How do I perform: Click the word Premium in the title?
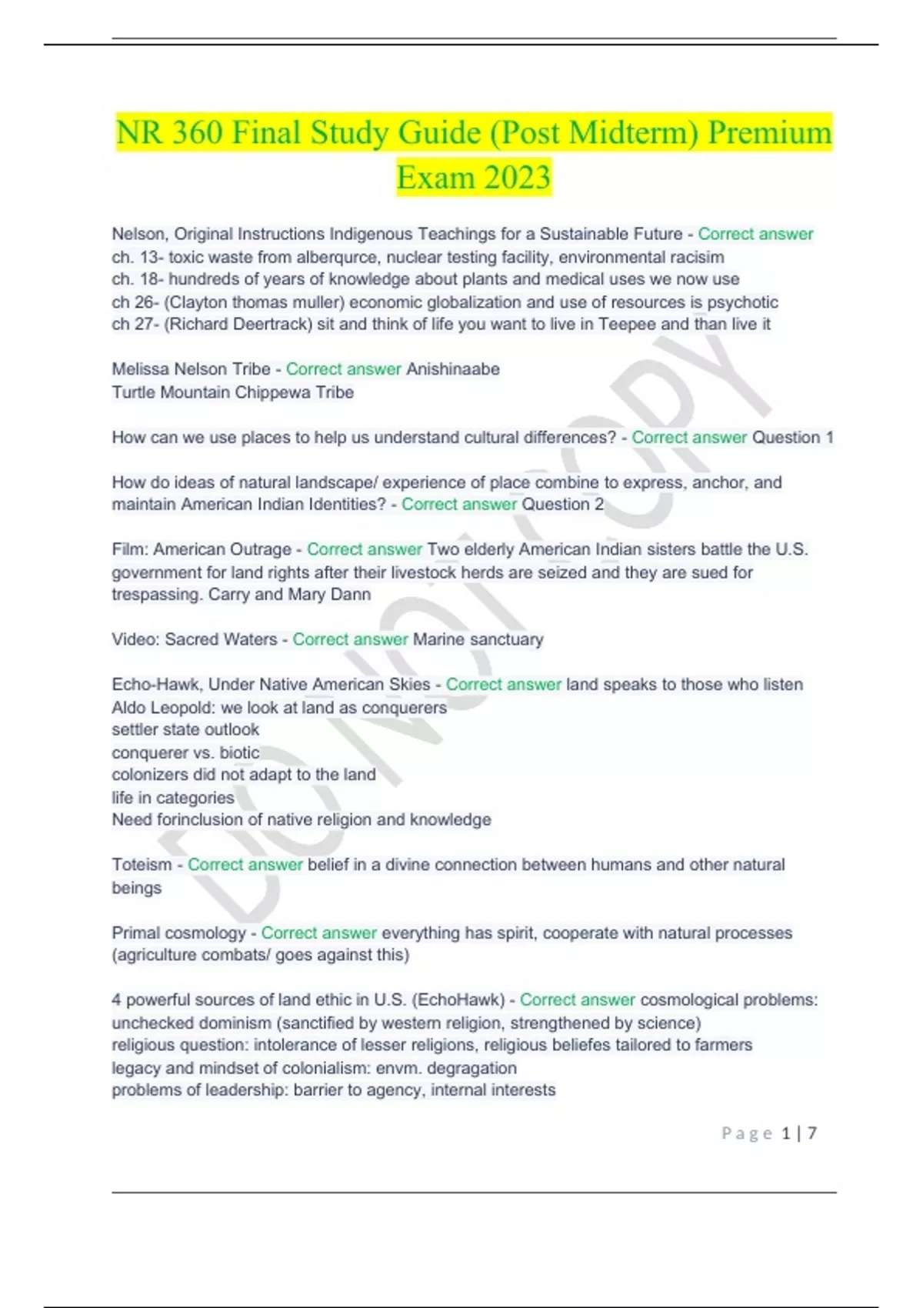click(x=769, y=133)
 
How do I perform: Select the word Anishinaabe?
click(x=453, y=369)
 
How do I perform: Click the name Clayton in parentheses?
click(x=198, y=302)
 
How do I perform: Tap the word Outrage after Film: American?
click(x=262, y=549)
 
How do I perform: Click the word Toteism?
click(x=142, y=865)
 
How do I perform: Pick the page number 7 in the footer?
click(x=812, y=1133)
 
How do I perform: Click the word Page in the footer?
click(x=746, y=1133)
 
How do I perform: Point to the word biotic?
click(x=239, y=752)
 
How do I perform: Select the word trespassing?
click(x=158, y=594)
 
